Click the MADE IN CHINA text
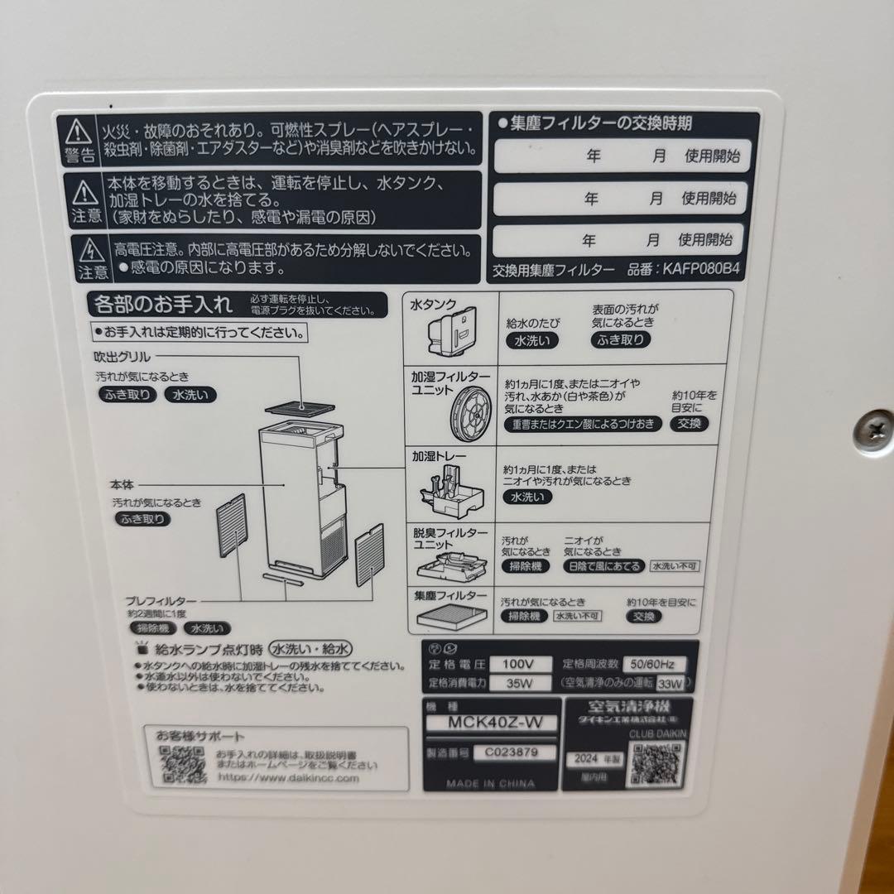pos(490,782)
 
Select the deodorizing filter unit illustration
pos(447,564)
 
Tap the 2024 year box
pos(583,759)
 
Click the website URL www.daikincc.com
pos(288,778)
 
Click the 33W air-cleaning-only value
pos(672,684)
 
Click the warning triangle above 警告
pos(79,130)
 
